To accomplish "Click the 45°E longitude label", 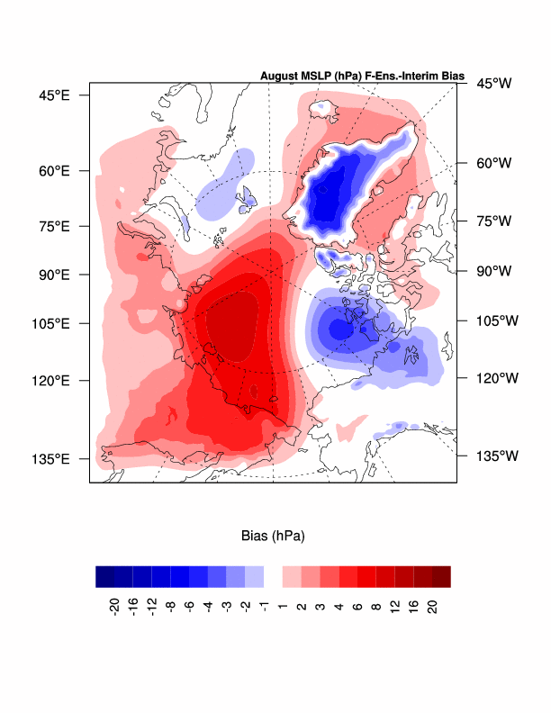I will click(x=52, y=95).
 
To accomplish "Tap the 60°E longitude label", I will click(x=52, y=170).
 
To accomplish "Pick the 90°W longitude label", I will click(x=493, y=271).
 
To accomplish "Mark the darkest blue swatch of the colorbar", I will click(x=104, y=576).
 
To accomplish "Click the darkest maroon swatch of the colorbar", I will click(x=441, y=576).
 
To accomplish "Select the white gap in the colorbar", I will click(x=273, y=576).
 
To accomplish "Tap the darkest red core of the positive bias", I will click(x=237, y=329).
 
